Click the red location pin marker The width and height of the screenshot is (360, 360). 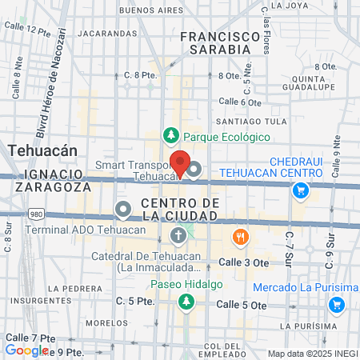(x=181, y=162)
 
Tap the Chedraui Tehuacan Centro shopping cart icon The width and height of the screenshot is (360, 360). (x=301, y=190)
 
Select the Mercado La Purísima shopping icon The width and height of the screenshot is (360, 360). (x=337, y=305)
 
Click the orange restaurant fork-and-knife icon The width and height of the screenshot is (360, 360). (x=239, y=237)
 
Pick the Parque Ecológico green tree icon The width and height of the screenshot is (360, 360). (x=170, y=136)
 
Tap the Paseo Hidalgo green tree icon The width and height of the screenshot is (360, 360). (x=186, y=302)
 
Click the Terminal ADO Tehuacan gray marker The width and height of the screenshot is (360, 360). (x=122, y=210)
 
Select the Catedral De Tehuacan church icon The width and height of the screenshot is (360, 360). (x=178, y=235)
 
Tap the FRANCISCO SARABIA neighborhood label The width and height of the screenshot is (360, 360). (x=221, y=42)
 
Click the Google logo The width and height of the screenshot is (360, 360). (x=26, y=350)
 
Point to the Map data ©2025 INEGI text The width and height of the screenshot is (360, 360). (x=312, y=354)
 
